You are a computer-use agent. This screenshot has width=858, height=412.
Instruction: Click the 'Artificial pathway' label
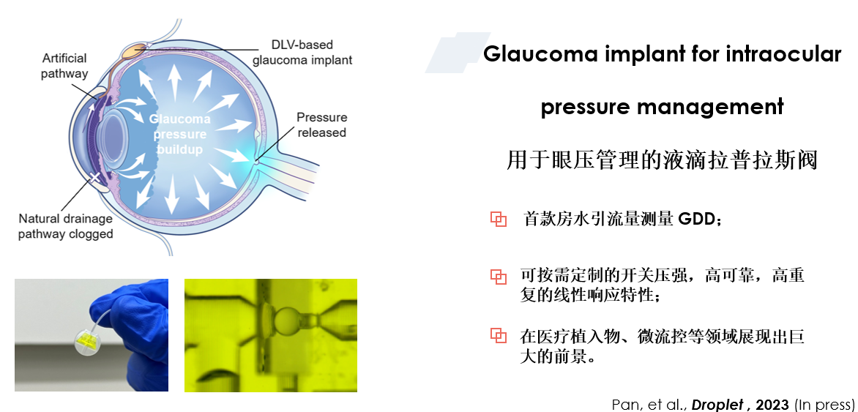point(64,66)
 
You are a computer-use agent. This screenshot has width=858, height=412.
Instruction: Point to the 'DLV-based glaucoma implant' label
point(302,52)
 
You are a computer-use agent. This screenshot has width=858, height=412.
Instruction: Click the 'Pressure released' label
point(322,124)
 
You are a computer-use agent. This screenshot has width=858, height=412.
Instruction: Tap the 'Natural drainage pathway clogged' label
point(66,227)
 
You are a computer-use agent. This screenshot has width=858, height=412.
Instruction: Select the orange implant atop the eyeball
point(133,51)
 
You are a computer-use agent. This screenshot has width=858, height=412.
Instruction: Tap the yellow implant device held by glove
point(89,342)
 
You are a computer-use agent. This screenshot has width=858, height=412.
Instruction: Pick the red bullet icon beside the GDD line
point(498,220)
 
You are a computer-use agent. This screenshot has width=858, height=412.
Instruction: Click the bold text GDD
point(696,220)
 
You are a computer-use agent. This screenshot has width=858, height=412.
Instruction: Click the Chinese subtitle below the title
point(662,160)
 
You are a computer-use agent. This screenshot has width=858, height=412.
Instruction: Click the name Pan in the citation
point(623,405)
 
